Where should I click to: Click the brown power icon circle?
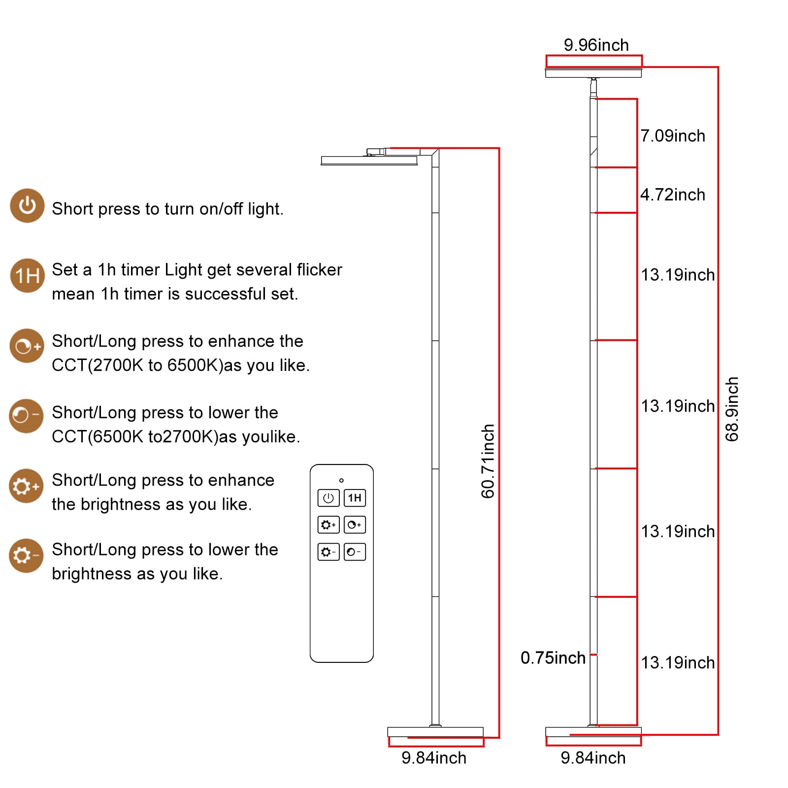click(x=27, y=205)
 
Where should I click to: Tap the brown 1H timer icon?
click(x=28, y=276)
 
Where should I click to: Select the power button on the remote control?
click(x=328, y=498)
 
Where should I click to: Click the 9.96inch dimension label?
click(x=596, y=45)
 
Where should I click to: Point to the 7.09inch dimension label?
click(x=673, y=136)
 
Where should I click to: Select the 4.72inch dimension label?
click(x=673, y=195)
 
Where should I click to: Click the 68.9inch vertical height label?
click(x=732, y=409)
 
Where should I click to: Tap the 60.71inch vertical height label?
click(x=488, y=461)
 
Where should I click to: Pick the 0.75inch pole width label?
click(x=553, y=658)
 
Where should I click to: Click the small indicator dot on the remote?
click(x=341, y=480)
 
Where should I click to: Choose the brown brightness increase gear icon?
click(x=27, y=486)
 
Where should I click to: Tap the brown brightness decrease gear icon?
click(x=27, y=556)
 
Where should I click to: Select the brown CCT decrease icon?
click(x=27, y=416)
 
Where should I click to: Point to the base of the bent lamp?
click(x=435, y=732)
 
